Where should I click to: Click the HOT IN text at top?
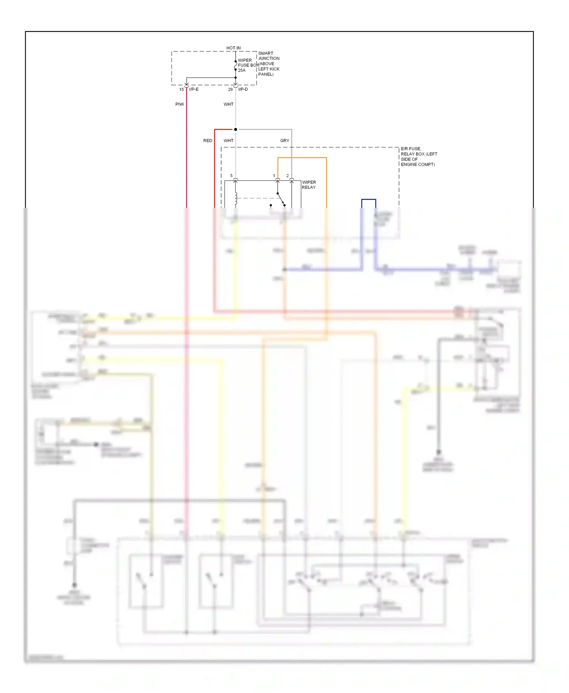coord(233,48)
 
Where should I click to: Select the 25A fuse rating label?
coord(242,71)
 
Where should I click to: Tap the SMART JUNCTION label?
coord(269,56)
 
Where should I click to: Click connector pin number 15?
coord(181,89)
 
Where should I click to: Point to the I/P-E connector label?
coord(194,89)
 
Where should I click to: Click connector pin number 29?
coord(230,89)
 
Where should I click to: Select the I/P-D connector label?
coord(243,89)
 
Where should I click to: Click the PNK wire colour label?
coord(180,104)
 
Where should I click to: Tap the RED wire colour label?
coord(207,141)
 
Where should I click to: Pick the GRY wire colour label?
coord(284,141)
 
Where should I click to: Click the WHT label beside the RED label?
coord(228,141)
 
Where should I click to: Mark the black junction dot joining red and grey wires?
coord(236,130)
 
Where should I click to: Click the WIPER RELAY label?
coord(309,185)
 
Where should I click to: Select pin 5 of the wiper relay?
coord(231,176)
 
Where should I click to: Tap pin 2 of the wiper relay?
coord(288,176)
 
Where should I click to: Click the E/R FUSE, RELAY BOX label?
coord(418,157)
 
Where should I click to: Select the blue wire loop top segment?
coord(368,199)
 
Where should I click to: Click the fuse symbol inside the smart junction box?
coord(236,66)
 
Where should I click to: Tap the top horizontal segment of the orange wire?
coord(302,158)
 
